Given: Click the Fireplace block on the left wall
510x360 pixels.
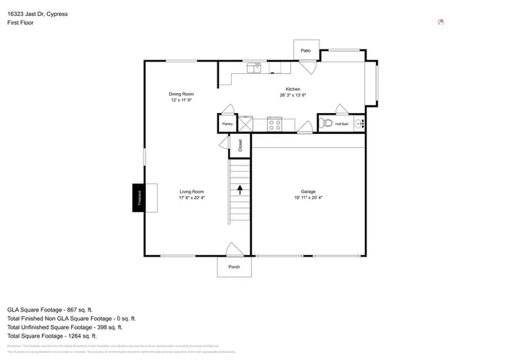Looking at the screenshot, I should click(x=139, y=198).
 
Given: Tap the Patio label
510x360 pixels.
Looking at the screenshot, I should click(x=305, y=50).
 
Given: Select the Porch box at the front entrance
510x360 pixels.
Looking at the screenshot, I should click(x=233, y=267).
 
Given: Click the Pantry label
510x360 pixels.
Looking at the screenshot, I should click(x=227, y=124).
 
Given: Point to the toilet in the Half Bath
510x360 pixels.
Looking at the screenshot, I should click(x=327, y=123).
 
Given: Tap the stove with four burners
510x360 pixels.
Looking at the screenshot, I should click(x=275, y=123).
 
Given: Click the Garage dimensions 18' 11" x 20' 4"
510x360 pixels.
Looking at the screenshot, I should click(x=308, y=198).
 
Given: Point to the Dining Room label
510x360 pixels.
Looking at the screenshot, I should click(x=181, y=94).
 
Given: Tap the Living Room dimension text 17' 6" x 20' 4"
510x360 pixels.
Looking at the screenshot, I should click(x=191, y=198).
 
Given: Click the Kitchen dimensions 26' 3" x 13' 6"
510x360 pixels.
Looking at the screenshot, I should click(x=292, y=95).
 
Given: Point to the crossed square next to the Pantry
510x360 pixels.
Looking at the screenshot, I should click(x=246, y=123).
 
